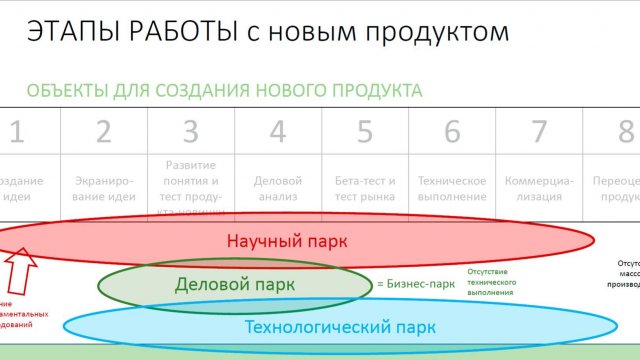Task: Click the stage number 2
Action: pos(104,132)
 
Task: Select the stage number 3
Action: pos(191,132)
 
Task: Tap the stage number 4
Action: pos(278,132)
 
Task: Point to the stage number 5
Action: pos(365,132)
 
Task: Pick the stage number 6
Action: pos(452,132)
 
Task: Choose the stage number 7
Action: pos(539,132)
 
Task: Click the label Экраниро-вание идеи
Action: pos(104,189)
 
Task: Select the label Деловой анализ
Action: pos(278,189)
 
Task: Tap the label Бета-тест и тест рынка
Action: pos(365,189)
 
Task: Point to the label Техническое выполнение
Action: pos(452,189)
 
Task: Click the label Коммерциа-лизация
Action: pos(539,189)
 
